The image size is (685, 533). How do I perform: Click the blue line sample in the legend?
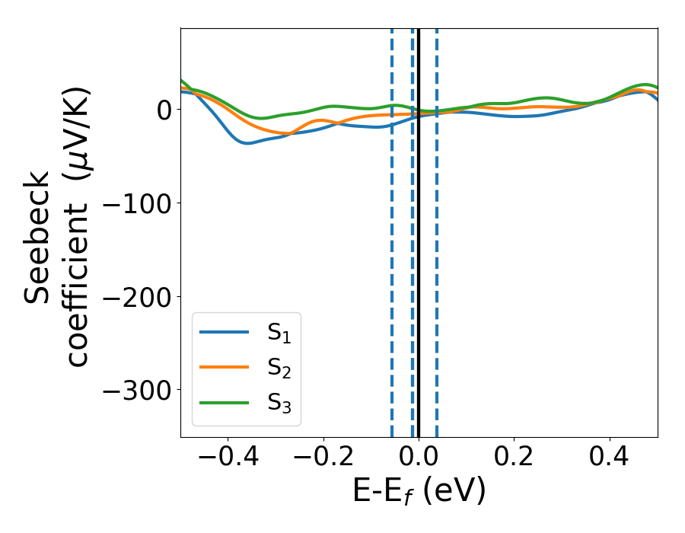(225, 332)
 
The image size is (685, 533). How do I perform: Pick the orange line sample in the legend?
(225, 367)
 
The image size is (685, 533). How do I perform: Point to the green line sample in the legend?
(225, 402)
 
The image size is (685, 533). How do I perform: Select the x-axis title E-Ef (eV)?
(419, 492)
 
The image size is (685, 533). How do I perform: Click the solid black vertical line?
(419, 266)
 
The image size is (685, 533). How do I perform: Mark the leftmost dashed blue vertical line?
(392, 266)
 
